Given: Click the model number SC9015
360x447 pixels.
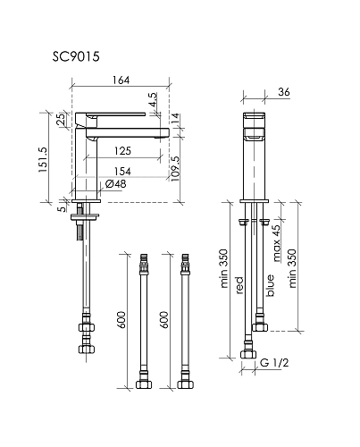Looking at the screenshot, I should [x=75, y=55].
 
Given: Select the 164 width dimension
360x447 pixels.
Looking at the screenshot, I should [x=121, y=80].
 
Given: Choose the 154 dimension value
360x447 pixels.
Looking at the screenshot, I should [x=123, y=170].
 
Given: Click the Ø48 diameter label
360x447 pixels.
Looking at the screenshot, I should [x=114, y=184].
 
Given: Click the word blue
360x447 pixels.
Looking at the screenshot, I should [x=271, y=285].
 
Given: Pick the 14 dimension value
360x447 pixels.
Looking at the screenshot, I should [x=175, y=117].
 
